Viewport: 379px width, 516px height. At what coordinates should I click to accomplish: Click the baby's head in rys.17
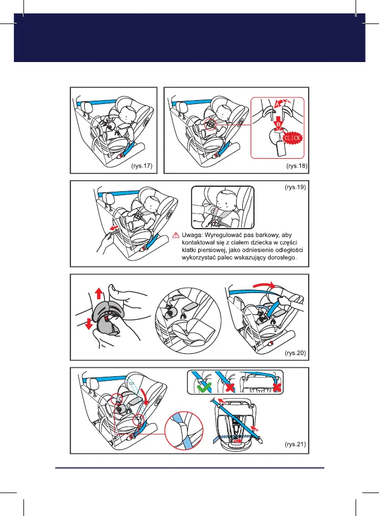pos(126,111)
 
